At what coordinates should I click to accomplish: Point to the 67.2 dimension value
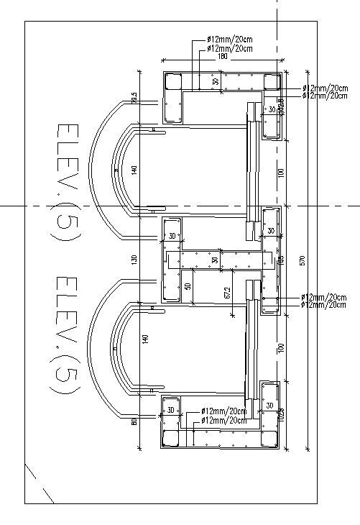click(x=228, y=293)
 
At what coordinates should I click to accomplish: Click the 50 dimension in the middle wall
click(x=188, y=286)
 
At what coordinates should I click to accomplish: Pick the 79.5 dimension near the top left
click(x=134, y=98)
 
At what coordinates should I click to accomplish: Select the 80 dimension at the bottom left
click(x=134, y=421)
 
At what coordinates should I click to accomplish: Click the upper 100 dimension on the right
click(x=282, y=173)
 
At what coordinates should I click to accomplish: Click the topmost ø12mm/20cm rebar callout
click(x=229, y=39)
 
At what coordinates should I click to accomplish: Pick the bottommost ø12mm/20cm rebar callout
click(x=223, y=420)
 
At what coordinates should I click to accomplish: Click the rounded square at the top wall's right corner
click(x=272, y=82)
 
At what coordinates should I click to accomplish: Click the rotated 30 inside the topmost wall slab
click(x=216, y=83)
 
